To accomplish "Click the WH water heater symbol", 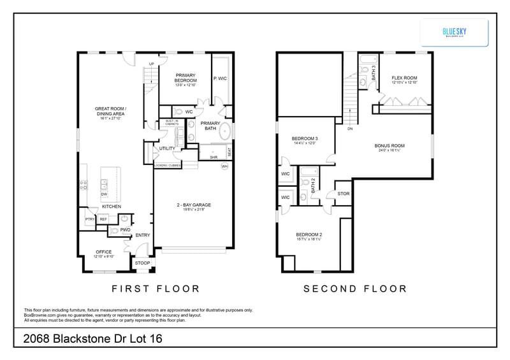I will tap(224, 166).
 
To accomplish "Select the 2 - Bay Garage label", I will tap(193, 205).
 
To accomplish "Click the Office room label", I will tap(103, 252).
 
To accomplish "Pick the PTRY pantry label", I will tap(90, 219).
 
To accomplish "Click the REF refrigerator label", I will tap(103, 219).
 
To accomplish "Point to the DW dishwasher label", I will tap(103, 194).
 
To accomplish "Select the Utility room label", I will tap(167, 148).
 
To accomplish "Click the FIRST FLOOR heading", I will tap(156, 289).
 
